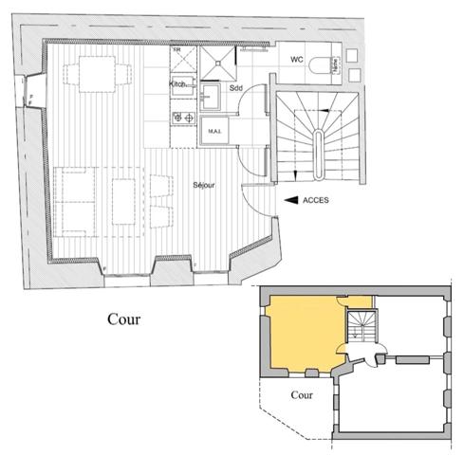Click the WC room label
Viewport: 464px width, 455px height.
point(296,59)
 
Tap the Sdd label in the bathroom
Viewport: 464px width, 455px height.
point(236,88)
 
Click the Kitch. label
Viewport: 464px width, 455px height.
point(178,84)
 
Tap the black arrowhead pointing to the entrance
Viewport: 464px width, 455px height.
point(290,199)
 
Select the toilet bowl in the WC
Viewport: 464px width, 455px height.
point(334,64)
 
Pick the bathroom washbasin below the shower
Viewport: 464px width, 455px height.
point(211,95)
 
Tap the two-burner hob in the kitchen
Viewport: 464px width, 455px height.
point(177,118)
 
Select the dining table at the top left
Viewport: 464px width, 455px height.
point(95,74)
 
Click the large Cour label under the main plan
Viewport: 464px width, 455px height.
point(124,318)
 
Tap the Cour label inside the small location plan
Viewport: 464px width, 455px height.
point(302,395)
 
